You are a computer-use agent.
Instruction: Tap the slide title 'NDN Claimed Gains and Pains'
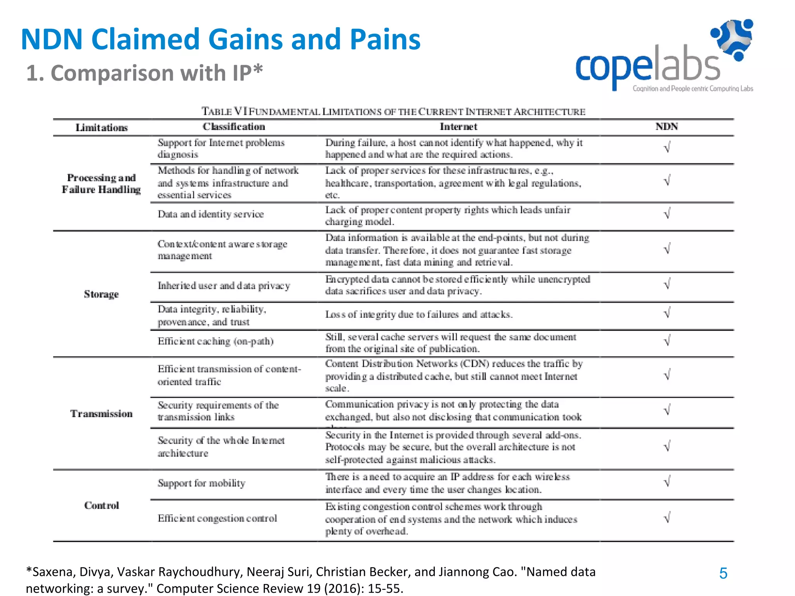(x=220, y=40)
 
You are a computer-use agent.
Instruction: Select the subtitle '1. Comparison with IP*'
(x=144, y=73)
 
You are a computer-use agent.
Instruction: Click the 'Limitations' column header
(x=101, y=128)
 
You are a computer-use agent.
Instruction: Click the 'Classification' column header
(x=234, y=127)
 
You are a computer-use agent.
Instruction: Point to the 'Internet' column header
(x=458, y=127)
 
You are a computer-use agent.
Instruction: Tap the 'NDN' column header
(x=667, y=127)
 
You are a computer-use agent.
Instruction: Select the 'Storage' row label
(x=101, y=295)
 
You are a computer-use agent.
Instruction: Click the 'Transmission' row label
(x=101, y=414)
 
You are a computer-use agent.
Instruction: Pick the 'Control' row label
(x=101, y=506)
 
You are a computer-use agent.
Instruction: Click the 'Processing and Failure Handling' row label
(x=101, y=184)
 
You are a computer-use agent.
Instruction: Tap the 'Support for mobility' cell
(x=201, y=483)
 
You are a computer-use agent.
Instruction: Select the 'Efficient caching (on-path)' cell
(x=215, y=341)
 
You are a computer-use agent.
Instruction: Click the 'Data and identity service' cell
(x=210, y=214)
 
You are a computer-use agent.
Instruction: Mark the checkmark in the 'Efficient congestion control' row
(x=667, y=518)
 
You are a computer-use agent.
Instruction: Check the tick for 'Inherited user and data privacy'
(x=667, y=284)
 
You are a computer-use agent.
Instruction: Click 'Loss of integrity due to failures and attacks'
(x=418, y=315)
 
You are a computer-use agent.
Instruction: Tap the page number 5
(x=723, y=573)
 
